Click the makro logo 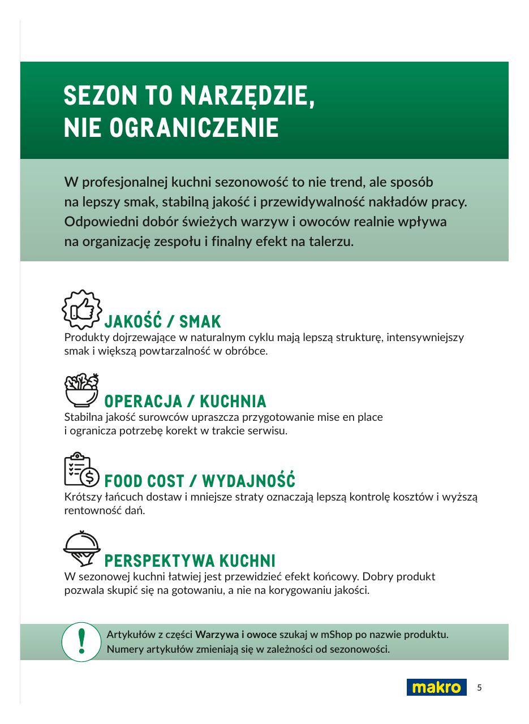click(436, 687)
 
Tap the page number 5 click(479, 688)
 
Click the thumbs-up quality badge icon click(81, 309)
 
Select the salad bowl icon click(81, 390)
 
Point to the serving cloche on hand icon click(81, 549)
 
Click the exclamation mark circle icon click(82, 642)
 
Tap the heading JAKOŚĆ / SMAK click(162, 322)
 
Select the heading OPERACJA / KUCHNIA click(185, 402)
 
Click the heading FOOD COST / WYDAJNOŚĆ click(200, 482)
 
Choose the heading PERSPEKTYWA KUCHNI click(190, 562)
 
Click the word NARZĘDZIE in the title click(247, 97)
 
